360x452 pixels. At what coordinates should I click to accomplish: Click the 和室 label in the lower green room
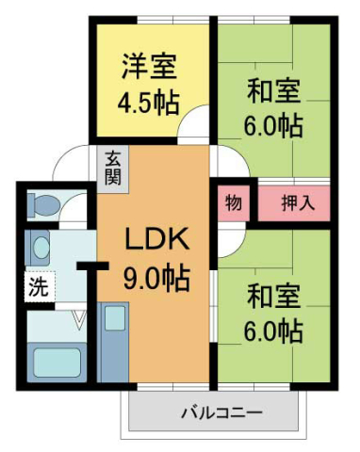pos(274,298)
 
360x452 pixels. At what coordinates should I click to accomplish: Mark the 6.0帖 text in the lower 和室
pos(274,331)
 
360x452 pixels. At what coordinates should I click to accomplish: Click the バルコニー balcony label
pos(221,412)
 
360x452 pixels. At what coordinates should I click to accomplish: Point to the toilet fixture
pos(43,203)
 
